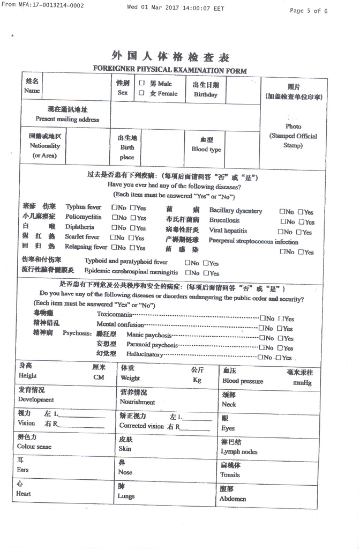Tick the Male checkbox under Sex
141,84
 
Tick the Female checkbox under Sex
141,93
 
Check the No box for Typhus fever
114,207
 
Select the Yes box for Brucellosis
302,221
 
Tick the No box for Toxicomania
262,318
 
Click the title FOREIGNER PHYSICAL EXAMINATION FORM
170,70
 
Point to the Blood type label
206,150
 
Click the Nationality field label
45,145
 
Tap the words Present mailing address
67,119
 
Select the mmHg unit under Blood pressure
302,383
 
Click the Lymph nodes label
239,451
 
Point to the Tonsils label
230,474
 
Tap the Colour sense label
34,446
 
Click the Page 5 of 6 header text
309,10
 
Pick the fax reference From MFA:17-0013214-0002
43,5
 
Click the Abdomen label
233,498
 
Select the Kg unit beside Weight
197,380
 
